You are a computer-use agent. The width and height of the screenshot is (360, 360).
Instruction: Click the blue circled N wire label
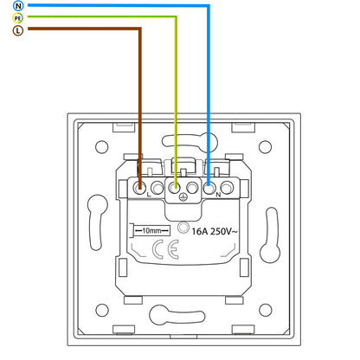click(x=18, y=6)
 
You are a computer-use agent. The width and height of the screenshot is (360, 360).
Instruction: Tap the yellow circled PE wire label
click(x=18, y=18)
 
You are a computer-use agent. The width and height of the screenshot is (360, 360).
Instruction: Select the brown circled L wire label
click(x=18, y=30)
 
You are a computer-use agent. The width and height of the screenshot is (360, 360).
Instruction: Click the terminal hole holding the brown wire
click(x=140, y=189)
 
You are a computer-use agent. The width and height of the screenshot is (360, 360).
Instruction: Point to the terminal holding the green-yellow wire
click(x=175, y=189)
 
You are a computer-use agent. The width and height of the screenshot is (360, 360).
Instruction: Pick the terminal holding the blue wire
click(x=209, y=189)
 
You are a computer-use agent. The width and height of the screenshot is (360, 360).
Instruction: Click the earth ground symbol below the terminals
click(x=183, y=197)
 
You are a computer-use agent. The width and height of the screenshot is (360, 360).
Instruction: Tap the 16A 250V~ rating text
click(x=215, y=231)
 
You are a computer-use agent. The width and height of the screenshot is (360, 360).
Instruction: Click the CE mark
click(x=165, y=249)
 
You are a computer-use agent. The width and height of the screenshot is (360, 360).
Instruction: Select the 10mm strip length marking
click(x=151, y=231)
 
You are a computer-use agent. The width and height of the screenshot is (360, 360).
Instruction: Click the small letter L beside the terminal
click(x=149, y=195)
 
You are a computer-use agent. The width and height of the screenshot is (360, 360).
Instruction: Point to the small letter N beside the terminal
click(x=218, y=195)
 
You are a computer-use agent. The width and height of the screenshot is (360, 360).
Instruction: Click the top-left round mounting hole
click(x=101, y=147)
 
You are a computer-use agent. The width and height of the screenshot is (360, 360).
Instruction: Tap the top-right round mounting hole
click(x=265, y=147)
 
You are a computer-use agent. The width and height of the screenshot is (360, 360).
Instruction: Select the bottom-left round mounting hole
click(x=102, y=310)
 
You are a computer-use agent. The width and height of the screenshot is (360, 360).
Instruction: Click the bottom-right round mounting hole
click(x=265, y=310)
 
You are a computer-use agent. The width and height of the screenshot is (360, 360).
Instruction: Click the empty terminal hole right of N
click(x=227, y=188)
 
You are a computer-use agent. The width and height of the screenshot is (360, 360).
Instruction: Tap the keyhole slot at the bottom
click(x=177, y=315)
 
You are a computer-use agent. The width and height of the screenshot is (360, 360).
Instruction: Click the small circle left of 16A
click(x=183, y=228)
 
